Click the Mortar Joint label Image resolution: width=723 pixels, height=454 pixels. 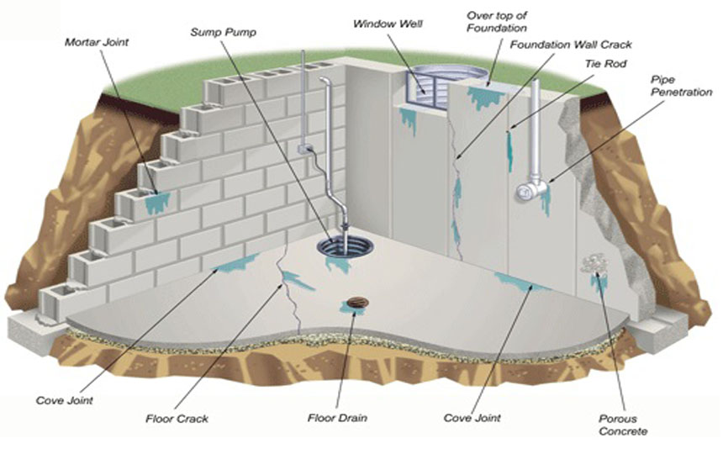click(x=98, y=40)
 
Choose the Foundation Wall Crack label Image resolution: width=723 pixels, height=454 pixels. click(x=571, y=45)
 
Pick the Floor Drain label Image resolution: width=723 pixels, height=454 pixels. click(x=335, y=417)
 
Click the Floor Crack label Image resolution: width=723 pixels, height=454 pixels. click(x=177, y=417)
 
